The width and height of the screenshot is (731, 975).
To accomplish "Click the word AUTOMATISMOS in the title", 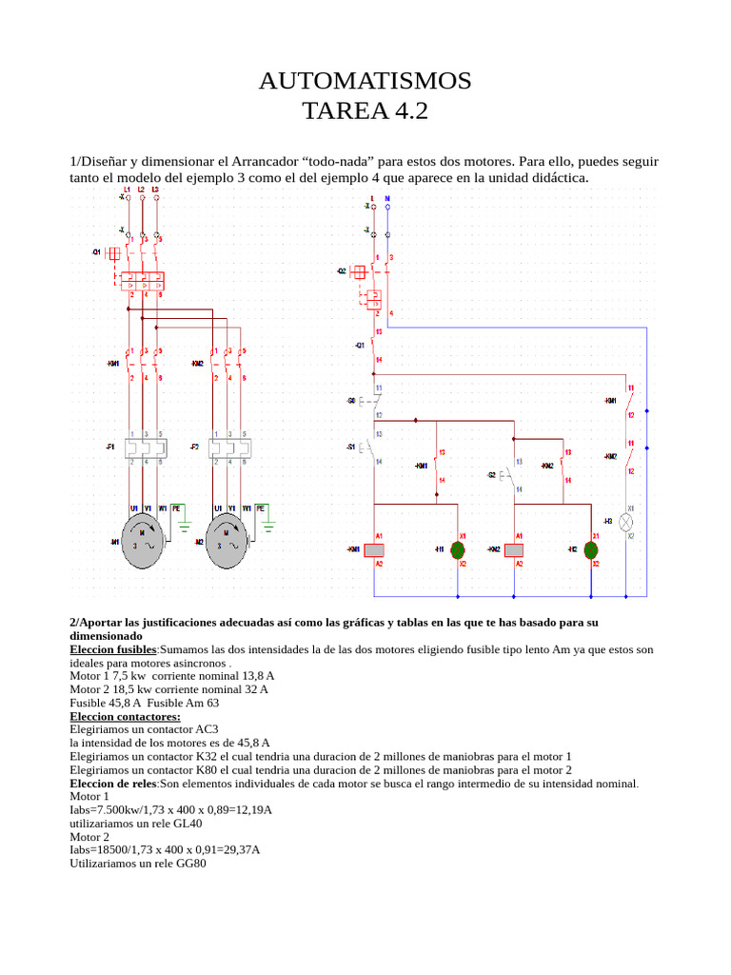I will pyautogui.click(x=365, y=81).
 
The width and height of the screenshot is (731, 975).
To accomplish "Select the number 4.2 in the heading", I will pyautogui.click(x=406, y=111).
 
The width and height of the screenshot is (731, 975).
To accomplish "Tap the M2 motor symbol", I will pyautogui.click(x=227, y=546).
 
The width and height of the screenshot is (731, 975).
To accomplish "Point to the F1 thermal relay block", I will pyautogui.click(x=142, y=447).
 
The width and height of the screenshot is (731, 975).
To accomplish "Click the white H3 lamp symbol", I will pyautogui.click(x=626, y=522).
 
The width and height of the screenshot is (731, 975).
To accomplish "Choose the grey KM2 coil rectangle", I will pyautogui.click(x=515, y=550).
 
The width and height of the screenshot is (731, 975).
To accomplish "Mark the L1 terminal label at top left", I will pyautogui.click(x=127, y=190).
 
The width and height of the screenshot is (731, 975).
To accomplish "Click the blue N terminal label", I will pyautogui.click(x=387, y=198).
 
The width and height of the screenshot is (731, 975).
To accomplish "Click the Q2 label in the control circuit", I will pyautogui.click(x=342, y=271).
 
